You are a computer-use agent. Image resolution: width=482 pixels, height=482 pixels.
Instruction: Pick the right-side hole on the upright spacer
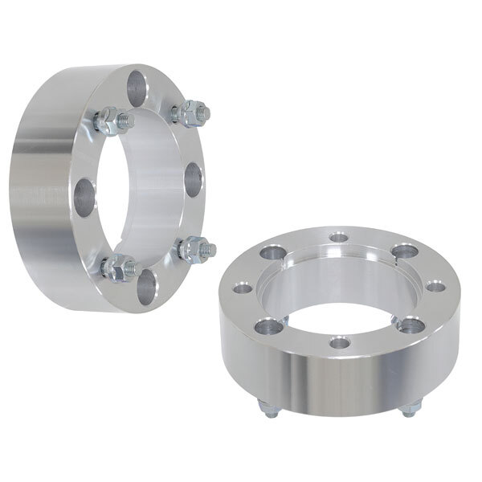coord(193,178)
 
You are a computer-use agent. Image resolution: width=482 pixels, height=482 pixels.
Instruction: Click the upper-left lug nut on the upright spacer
coord(111,122)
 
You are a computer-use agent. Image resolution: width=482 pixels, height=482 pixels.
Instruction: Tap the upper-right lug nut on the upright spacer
coord(192,113)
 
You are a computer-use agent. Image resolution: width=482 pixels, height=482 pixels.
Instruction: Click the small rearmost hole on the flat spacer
coord(337,237)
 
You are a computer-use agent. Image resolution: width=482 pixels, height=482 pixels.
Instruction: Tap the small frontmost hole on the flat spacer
coord(340,343)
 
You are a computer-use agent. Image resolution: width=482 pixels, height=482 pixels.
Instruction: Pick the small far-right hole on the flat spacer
coord(435,285)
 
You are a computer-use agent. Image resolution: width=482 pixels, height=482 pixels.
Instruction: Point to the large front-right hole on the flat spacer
coord(411,324)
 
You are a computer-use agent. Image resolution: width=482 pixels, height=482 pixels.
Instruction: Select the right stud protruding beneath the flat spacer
coord(409,411)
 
